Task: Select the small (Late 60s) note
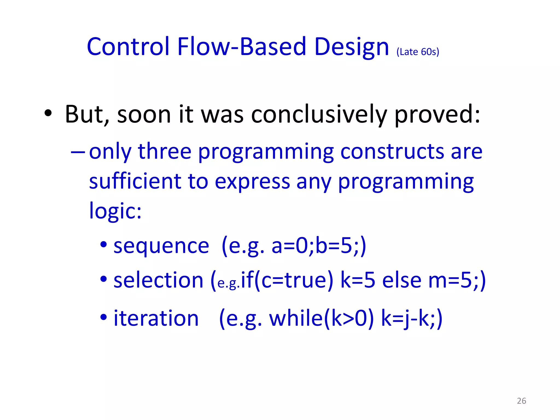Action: coord(418,52)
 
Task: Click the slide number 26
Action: coord(521,401)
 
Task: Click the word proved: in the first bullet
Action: coord(437,115)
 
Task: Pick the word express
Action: coord(252,182)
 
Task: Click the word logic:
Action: coord(115,211)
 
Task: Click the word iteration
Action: coord(156,318)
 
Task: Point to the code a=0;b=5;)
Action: coord(319,246)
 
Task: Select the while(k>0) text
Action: coord(321,318)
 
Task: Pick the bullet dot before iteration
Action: coord(103,317)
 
